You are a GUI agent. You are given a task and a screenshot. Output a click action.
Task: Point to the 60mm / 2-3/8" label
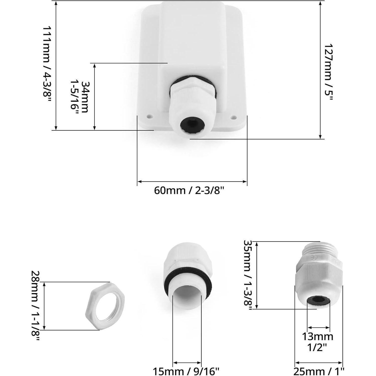(x=189, y=191)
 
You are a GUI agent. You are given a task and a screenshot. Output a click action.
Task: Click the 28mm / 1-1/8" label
(x=36, y=306)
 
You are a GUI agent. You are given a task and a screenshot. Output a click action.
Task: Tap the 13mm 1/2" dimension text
(x=318, y=342)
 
